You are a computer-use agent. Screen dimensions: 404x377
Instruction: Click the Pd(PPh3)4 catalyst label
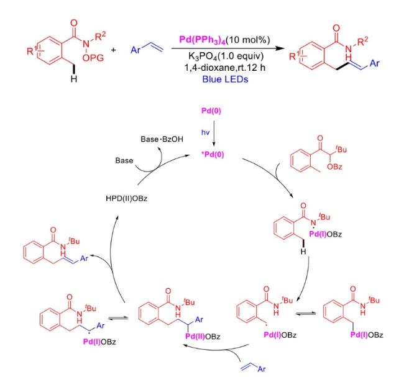(202, 40)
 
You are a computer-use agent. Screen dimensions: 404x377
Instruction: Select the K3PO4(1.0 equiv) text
(226, 56)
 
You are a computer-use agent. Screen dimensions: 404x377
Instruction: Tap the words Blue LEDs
(225, 79)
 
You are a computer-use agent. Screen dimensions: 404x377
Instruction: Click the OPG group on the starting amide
(93, 58)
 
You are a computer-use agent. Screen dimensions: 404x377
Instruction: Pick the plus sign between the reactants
(113, 50)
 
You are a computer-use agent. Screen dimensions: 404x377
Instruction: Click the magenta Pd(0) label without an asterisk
(211, 111)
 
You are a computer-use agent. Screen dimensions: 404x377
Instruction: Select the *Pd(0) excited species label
(213, 155)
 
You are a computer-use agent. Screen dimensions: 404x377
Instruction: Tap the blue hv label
(205, 133)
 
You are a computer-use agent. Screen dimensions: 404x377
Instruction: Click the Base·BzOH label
(162, 139)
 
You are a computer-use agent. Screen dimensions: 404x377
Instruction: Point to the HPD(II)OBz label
(127, 199)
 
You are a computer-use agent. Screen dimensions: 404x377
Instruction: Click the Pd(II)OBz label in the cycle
(203, 336)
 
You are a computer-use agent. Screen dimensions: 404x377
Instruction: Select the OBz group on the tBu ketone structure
(334, 167)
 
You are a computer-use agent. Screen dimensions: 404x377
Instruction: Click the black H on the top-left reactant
(74, 79)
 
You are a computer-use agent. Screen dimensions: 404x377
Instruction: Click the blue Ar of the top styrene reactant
(135, 50)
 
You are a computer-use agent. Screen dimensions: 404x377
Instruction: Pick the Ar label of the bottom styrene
(262, 369)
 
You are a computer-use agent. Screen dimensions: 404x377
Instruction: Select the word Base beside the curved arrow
(124, 161)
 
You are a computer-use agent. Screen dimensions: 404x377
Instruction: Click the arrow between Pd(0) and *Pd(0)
(214, 133)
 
